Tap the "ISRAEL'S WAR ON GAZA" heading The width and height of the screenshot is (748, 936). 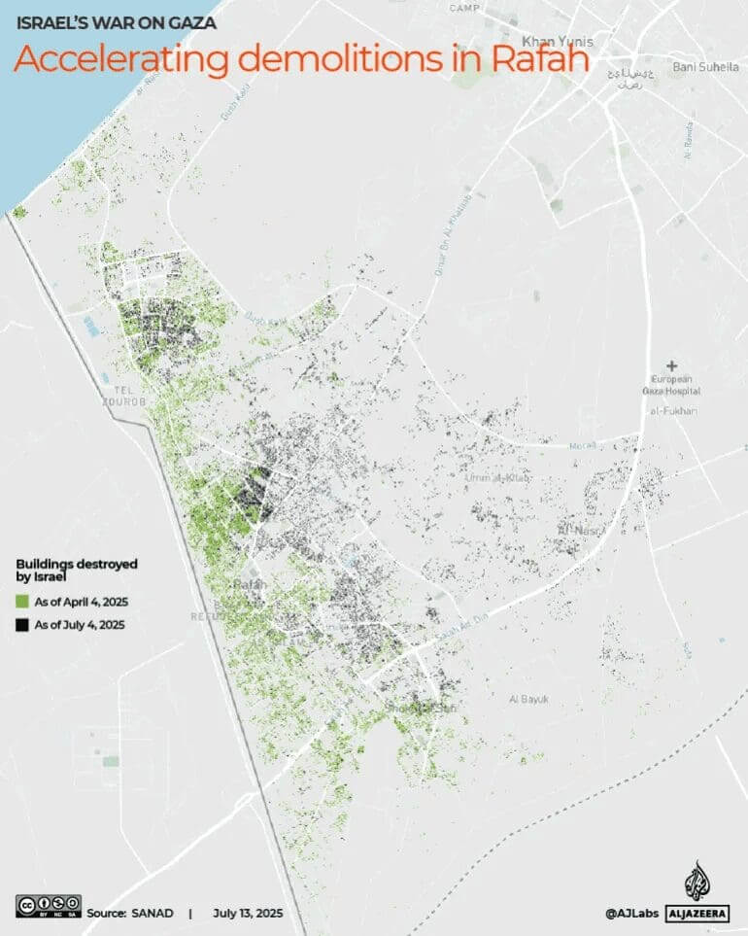tap(117, 22)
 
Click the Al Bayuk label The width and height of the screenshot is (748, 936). tap(529, 699)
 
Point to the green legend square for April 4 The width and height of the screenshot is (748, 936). tap(22, 603)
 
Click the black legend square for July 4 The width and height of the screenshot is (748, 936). tap(22, 625)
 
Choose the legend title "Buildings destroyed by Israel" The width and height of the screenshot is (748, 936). tap(76, 570)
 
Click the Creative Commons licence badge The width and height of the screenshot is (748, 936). tap(48, 905)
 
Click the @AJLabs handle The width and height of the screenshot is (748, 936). tap(630, 914)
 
